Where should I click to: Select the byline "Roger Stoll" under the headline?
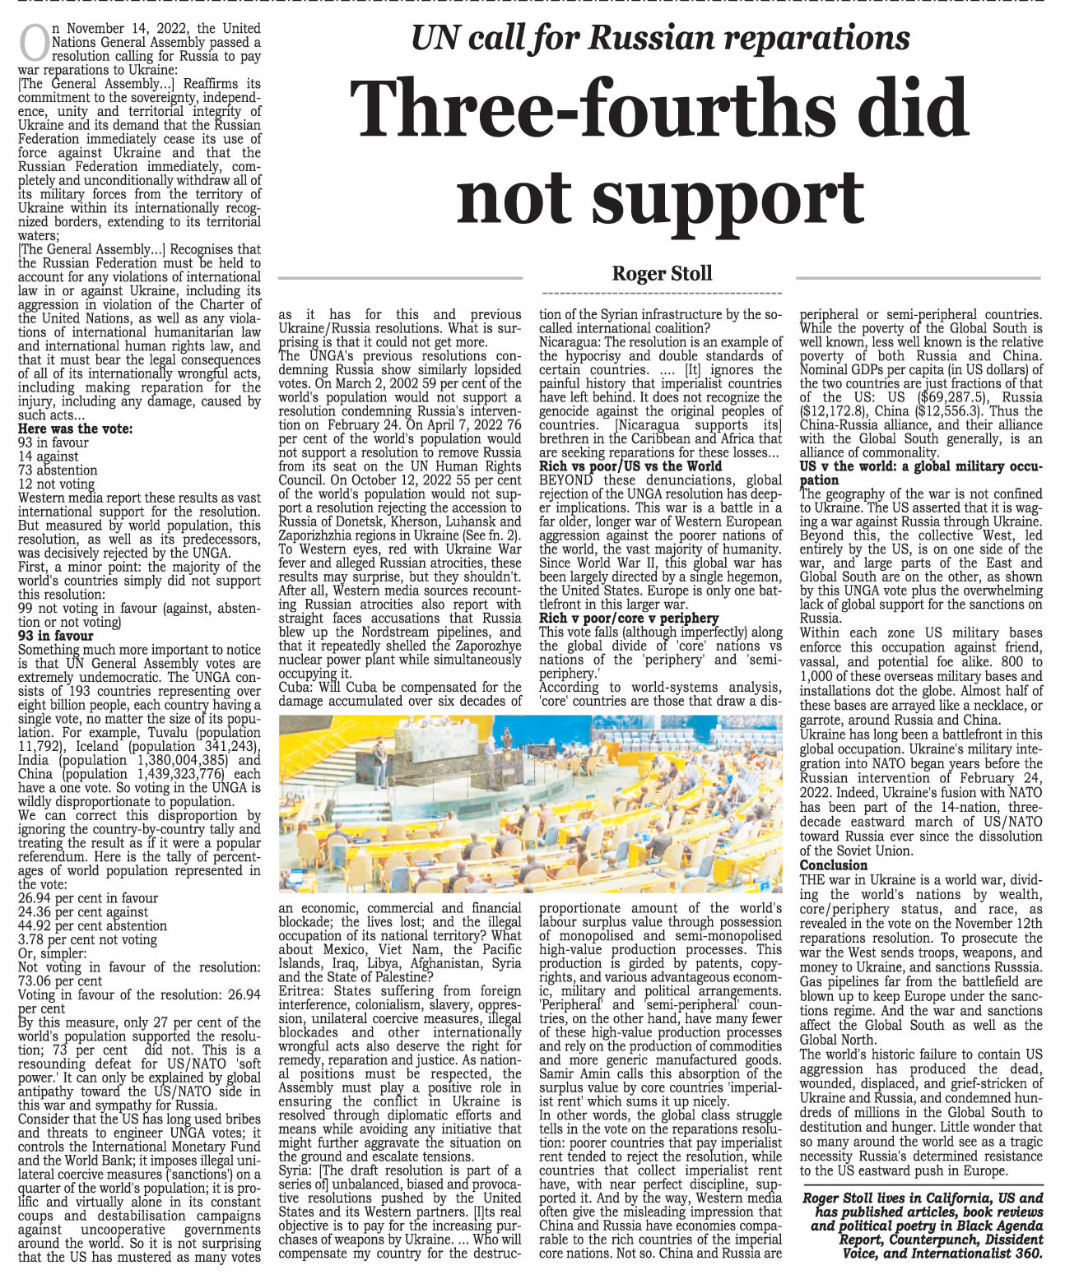(x=662, y=273)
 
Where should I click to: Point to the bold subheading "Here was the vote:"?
(x=75, y=429)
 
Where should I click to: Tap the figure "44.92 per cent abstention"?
(x=92, y=925)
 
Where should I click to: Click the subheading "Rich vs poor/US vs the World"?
(x=630, y=466)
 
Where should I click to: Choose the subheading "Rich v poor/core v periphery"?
(x=629, y=618)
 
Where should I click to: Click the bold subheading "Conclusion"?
(x=833, y=865)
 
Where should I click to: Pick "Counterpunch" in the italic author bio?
(x=929, y=1239)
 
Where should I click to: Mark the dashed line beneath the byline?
(x=663, y=294)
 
